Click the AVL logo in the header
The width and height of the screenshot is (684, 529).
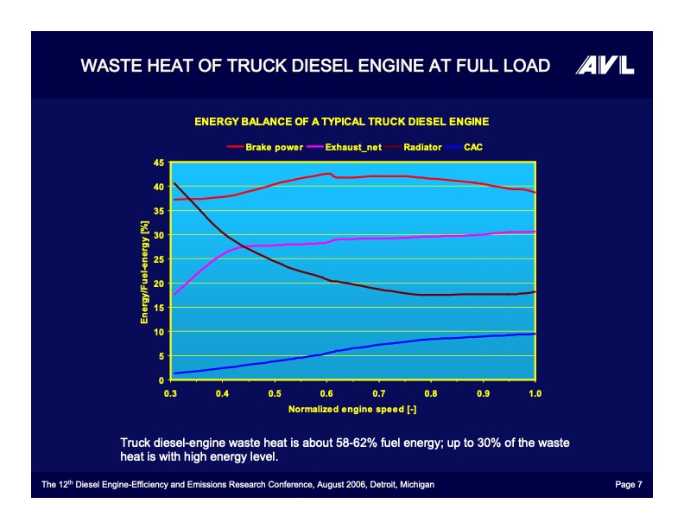(x=605, y=66)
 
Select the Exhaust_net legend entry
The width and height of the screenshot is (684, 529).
(x=353, y=147)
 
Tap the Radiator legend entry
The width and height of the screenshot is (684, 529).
(x=422, y=147)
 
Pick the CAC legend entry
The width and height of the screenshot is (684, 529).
(x=472, y=147)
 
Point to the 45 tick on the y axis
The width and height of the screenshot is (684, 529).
(x=158, y=163)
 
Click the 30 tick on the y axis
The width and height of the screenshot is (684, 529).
(x=158, y=235)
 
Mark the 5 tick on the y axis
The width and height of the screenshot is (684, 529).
(x=160, y=356)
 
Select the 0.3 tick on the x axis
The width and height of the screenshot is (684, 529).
(x=171, y=393)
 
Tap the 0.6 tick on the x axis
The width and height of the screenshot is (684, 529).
(x=326, y=393)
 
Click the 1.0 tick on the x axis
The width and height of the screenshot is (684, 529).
(x=535, y=393)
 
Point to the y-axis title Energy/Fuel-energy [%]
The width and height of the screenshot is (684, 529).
(x=144, y=271)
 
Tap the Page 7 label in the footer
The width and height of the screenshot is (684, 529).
(x=628, y=485)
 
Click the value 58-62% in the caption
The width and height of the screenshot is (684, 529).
(x=350, y=443)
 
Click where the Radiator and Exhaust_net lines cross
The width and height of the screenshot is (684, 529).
(x=244, y=247)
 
